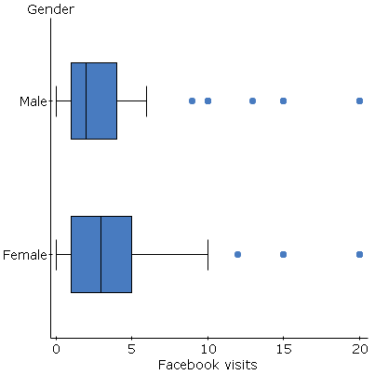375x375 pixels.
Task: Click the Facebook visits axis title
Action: (x=208, y=365)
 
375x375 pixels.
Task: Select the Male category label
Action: (x=33, y=100)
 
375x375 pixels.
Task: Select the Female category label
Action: (x=26, y=254)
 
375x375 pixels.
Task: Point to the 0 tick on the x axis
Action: (x=56, y=349)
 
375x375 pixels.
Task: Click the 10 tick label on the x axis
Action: (x=208, y=349)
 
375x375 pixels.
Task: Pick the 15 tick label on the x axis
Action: (x=283, y=349)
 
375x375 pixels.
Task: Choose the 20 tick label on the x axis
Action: (x=359, y=349)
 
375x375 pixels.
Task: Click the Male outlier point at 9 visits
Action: (x=193, y=100)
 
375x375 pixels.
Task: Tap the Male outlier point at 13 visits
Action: (x=253, y=100)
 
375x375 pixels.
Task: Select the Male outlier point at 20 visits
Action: (x=359, y=100)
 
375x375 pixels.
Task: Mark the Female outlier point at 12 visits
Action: (x=238, y=254)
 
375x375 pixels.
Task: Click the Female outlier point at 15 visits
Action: (x=284, y=254)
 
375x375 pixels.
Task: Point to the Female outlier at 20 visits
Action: (x=359, y=254)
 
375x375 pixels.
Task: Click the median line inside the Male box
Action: (x=87, y=100)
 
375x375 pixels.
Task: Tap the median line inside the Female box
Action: (x=101, y=254)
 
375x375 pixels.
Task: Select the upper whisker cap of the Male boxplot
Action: (x=147, y=100)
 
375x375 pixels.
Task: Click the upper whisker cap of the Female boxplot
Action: (x=208, y=254)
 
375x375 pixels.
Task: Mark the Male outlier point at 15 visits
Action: (x=284, y=100)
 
